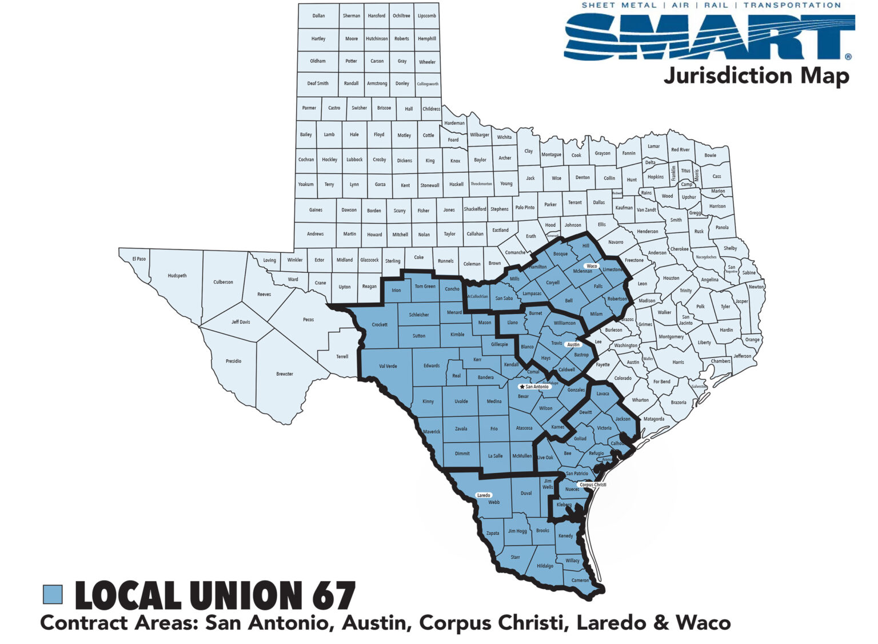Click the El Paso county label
click(139, 259)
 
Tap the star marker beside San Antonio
click(522, 387)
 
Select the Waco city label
click(592, 266)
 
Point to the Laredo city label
click(484, 495)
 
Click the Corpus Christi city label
click(593, 485)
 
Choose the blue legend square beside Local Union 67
click(53, 595)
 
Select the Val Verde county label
click(388, 366)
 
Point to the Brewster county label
click(285, 374)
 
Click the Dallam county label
click(318, 16)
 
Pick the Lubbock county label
click(354, 160)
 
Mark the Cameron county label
click(580, 581)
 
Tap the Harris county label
click(679, 362)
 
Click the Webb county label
click(494, 503)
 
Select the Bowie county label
click(710, 156)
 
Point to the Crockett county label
click(380, 325)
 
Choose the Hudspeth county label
click(177, 276)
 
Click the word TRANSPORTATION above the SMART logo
click(792, 5)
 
